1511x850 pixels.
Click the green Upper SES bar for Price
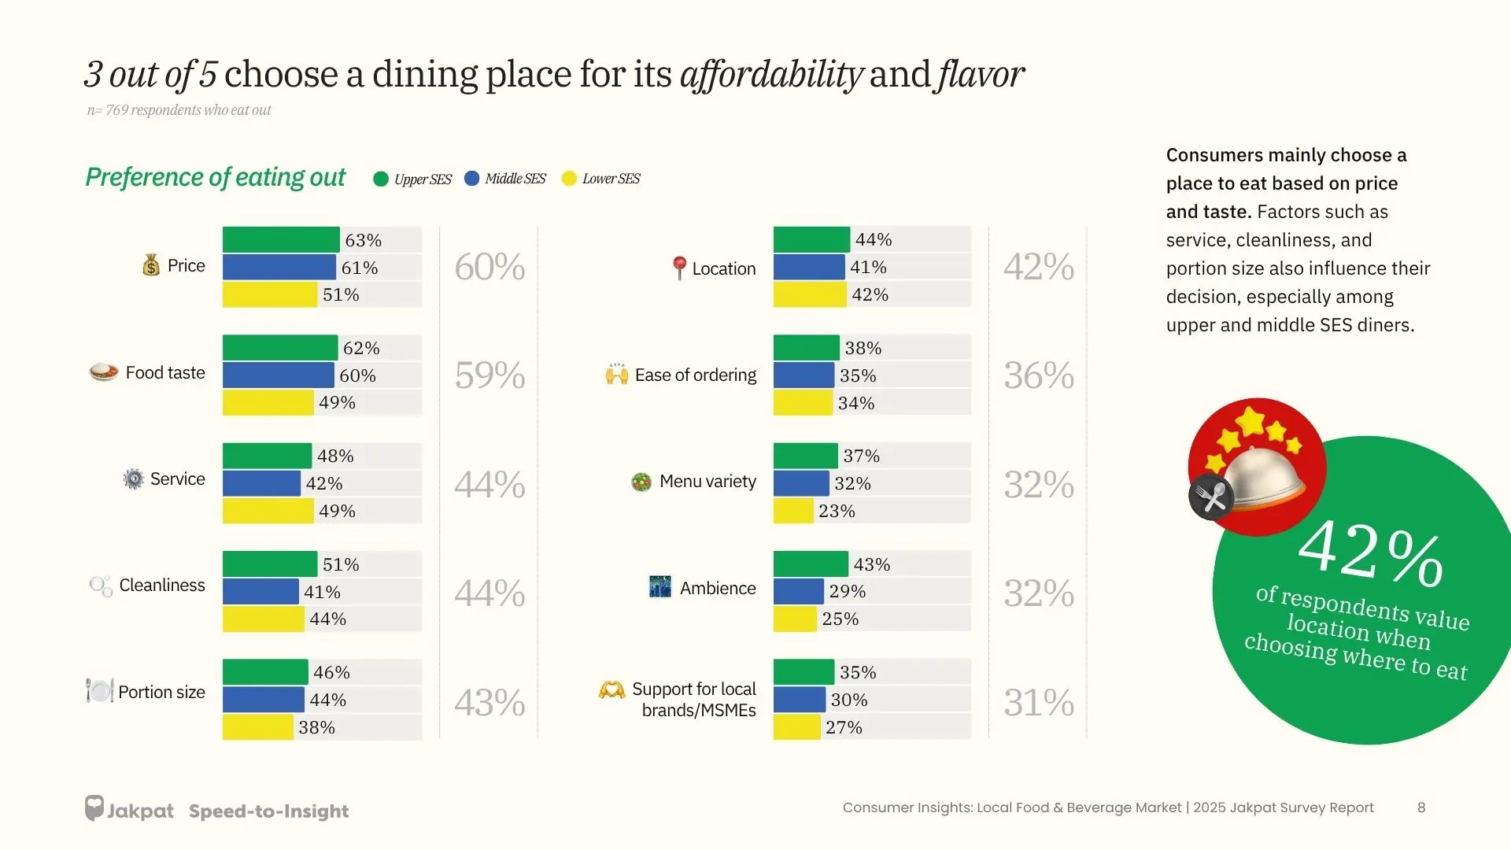coord(281,240)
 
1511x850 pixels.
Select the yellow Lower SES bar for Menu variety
coord(793,511)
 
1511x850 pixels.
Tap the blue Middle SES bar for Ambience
coord(798,591)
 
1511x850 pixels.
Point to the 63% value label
coord(363,240)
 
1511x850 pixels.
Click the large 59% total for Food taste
coord(490,375)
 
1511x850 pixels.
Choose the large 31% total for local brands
coord(1038,703)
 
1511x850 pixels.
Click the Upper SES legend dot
coord(381,179)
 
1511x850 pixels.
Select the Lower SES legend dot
coord(569,179)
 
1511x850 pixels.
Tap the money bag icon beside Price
coord(151,265)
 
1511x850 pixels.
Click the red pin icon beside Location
coord(679,268)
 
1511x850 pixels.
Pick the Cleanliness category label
coord(162,586)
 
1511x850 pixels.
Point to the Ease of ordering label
coord(696,375)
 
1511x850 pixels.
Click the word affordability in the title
coord(771,75)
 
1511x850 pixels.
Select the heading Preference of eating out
coord(215,178)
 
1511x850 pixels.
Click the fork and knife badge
coord(1211,497)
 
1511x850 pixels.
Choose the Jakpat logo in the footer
coord(129,809)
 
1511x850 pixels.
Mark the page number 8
coord(1421,807)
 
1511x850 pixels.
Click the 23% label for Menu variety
coord(837,511)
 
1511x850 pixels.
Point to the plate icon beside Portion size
coord(100,691)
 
